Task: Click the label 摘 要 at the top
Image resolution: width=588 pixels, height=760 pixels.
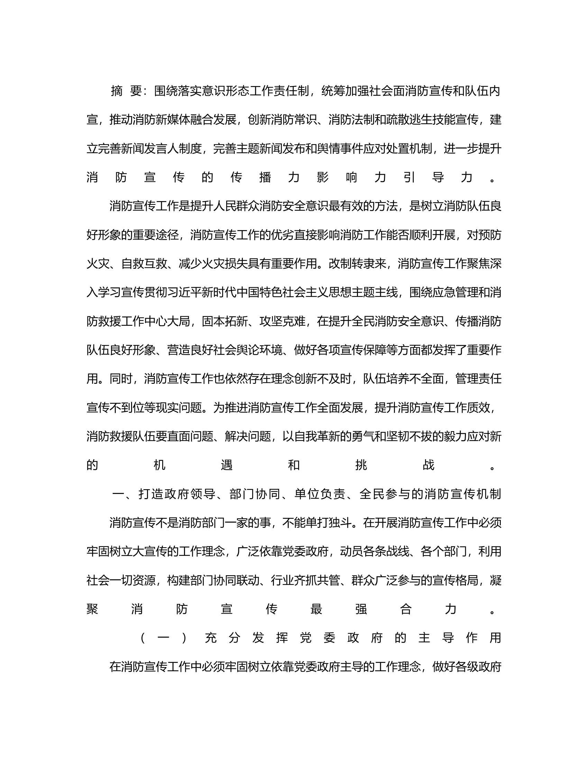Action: pos(127,91)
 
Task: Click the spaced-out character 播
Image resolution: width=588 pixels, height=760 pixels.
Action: pos(265,178)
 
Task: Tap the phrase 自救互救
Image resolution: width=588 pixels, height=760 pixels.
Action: pos(144,264)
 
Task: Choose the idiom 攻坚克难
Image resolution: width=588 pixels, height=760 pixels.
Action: pos(282,322)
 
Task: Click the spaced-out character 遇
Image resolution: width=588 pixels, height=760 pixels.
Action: pos(227,465)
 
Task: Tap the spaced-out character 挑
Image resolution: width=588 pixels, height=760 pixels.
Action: pos(361,465)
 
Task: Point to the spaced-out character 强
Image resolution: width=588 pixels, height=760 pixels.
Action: pos(361,609)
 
